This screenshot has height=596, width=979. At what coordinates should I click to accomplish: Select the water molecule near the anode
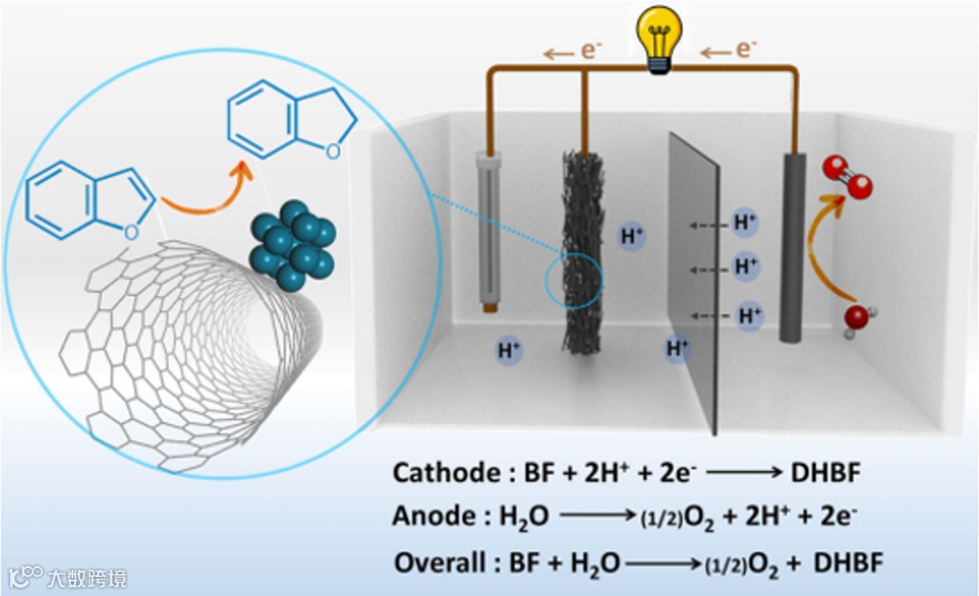[855, 319]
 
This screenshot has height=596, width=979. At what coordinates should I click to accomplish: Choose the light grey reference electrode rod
[489, 231]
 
